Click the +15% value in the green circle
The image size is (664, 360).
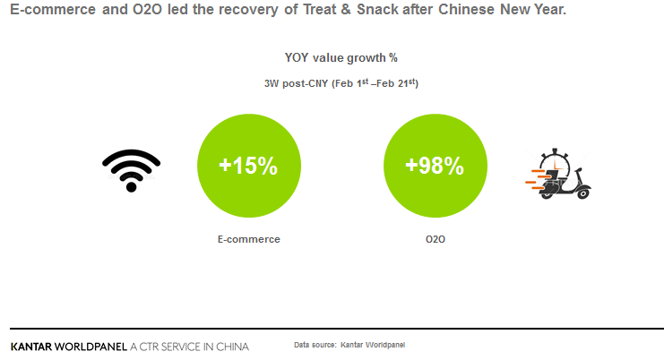248,166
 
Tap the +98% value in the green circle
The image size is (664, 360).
435,166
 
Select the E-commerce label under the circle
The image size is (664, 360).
248,239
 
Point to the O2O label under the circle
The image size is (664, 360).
435,239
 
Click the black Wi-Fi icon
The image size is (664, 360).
131,169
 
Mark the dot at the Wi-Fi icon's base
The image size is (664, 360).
131,186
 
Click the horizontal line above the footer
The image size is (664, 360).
332,328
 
